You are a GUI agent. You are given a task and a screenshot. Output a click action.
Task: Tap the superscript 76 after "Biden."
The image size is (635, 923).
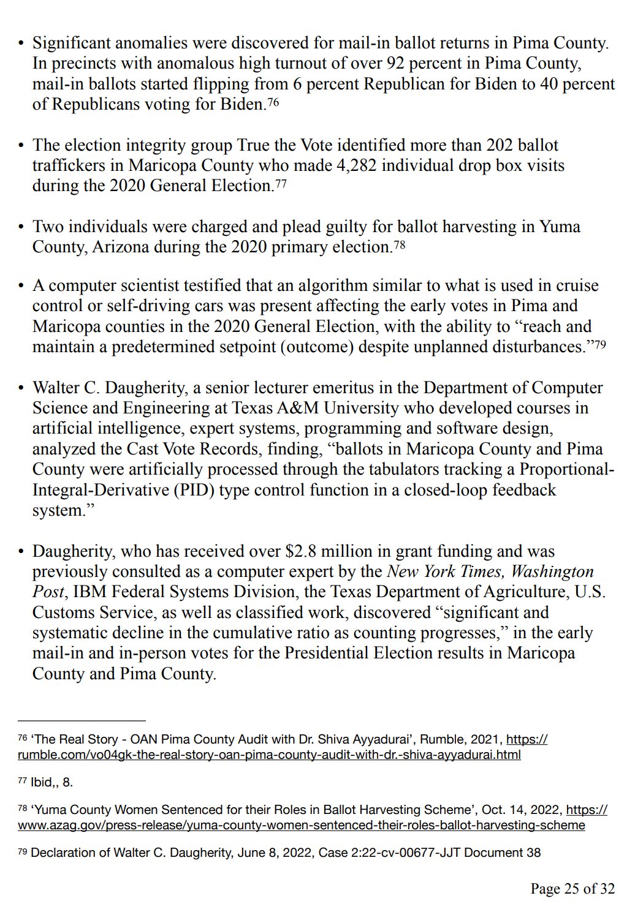point(273,102)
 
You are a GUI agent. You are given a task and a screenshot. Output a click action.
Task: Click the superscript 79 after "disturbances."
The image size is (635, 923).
point(600,344)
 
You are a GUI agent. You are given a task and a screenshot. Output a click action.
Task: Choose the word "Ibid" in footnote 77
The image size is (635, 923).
point(42,782)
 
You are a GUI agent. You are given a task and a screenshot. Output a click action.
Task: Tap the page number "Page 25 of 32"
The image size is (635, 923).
point(572,889)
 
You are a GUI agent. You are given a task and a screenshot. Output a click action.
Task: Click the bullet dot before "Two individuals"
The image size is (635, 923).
point(21,227)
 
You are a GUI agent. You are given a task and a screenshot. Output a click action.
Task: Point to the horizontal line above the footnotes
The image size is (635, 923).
point(82,721)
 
